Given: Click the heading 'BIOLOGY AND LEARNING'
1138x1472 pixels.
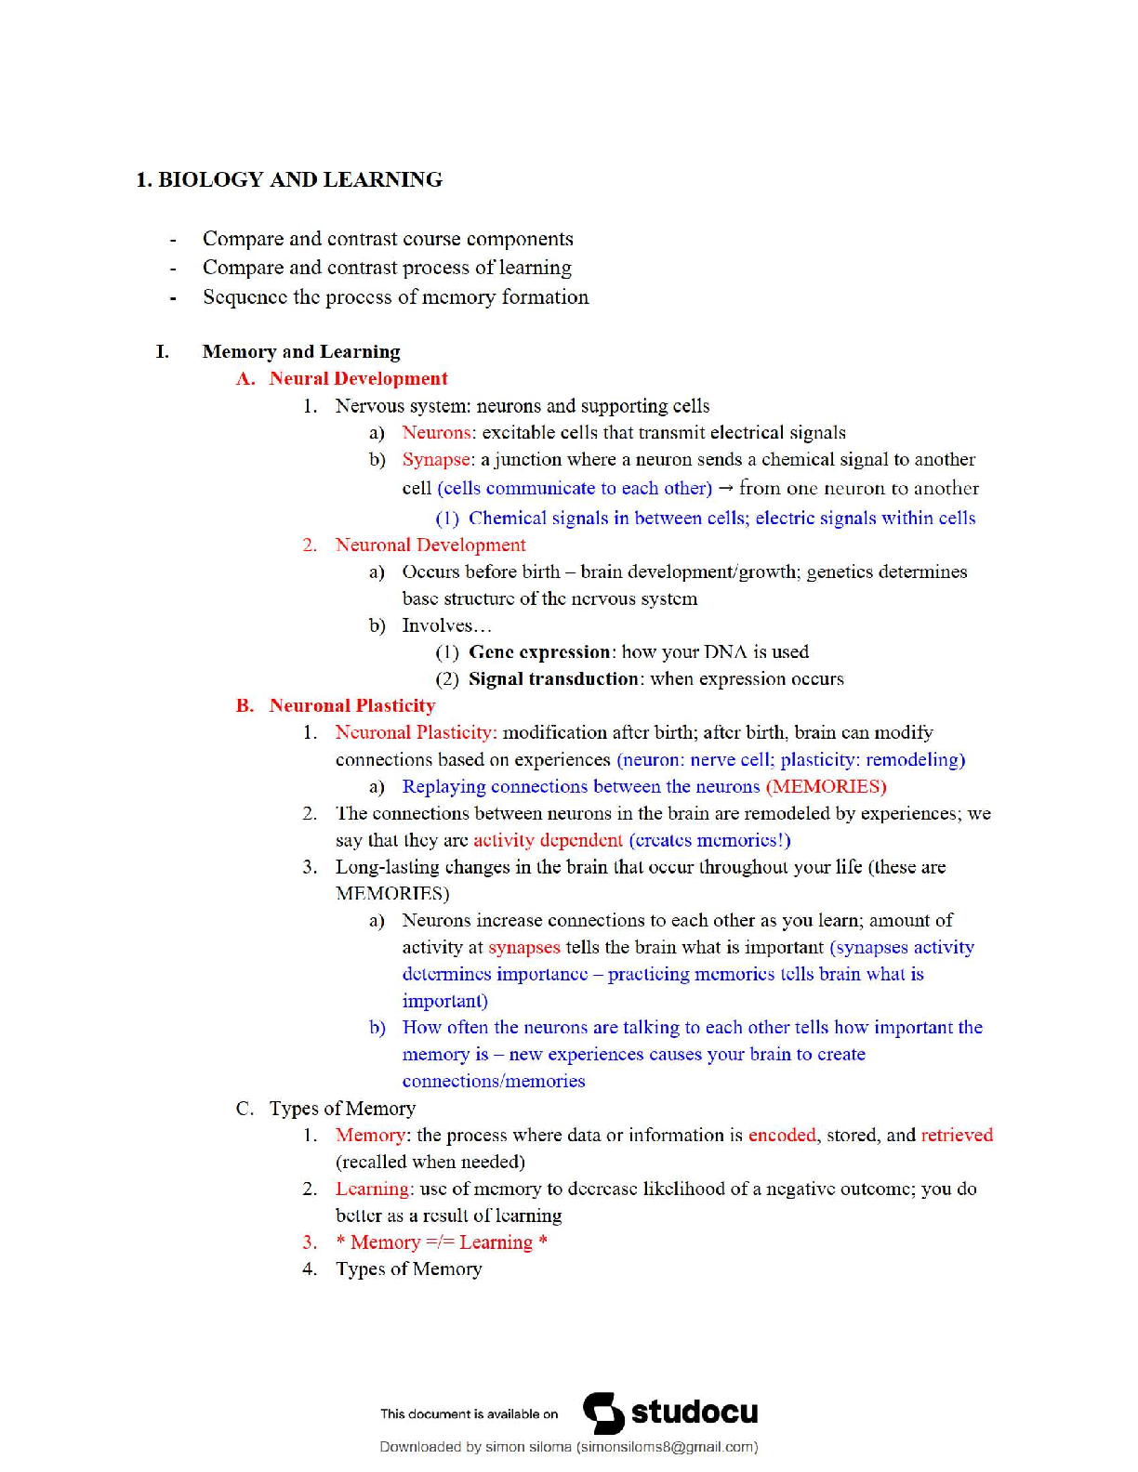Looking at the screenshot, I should point(299,179).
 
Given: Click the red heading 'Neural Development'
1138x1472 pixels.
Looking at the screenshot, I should point(358,378).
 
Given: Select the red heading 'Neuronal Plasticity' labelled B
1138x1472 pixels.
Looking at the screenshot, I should point(351,705).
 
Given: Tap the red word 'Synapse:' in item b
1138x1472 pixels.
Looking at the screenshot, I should point(438,459).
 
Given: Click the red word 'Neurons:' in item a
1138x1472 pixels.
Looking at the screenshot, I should point(439,432).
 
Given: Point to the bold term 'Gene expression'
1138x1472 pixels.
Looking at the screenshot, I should point(539,651).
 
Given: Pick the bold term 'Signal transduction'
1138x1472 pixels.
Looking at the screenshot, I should point(554,678).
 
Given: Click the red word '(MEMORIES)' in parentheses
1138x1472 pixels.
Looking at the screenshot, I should point(826,786).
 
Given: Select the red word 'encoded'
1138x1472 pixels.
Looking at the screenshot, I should point(782,1135).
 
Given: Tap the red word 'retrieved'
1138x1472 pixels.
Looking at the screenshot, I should point(957,1135).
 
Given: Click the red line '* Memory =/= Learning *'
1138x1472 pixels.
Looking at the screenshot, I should point(442,1242).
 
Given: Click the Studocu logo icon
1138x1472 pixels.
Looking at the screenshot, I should point(603,1413).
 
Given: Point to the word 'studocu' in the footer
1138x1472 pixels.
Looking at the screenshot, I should point(695,1413).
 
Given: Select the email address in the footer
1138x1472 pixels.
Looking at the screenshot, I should point(667,1447).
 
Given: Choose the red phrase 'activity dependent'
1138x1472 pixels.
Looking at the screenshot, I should point(548,840).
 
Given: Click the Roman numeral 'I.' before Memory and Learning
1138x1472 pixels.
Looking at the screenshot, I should point(163,351).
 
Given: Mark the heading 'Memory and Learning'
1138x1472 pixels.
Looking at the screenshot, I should point(301,351).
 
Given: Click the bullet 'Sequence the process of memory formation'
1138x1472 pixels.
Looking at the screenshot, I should point(395,297).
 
